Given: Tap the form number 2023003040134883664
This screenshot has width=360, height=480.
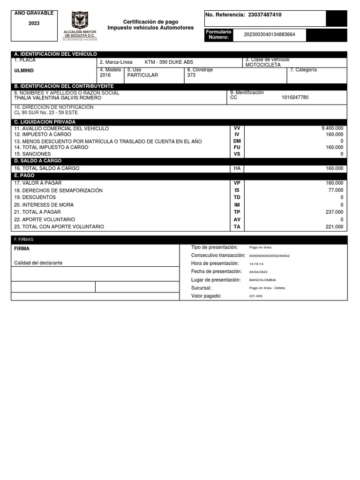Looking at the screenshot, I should coord(270,34).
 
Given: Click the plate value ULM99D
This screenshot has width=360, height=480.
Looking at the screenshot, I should coord(24,71).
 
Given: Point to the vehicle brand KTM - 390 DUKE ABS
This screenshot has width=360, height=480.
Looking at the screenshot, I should coord(169,62).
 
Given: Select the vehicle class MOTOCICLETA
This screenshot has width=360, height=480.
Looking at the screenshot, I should coord(263,65).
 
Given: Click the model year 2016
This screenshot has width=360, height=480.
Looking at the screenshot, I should coord(105,75).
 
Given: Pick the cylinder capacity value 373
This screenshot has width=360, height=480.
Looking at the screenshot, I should coord(191,75).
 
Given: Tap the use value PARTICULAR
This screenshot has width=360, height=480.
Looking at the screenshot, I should coord(142,75).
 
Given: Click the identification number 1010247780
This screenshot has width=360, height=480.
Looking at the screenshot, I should coord(295,97).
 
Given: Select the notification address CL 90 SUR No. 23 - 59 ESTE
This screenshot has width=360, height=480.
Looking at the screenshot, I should coord(46,112).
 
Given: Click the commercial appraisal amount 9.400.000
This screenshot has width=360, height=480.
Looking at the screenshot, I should coord(332,128).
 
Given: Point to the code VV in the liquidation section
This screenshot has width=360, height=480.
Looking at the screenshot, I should coord(237,128).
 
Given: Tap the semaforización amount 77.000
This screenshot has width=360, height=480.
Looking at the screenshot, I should coord(336,190).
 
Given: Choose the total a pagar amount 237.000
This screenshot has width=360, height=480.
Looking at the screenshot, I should coord(334,212).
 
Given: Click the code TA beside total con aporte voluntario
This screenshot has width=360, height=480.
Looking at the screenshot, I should coord(237,227).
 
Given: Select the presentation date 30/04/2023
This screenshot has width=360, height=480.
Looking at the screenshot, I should coord(258,272).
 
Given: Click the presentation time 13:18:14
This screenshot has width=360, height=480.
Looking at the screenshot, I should coord(256,264).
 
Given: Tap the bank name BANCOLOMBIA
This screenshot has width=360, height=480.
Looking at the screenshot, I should coord(262,280).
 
